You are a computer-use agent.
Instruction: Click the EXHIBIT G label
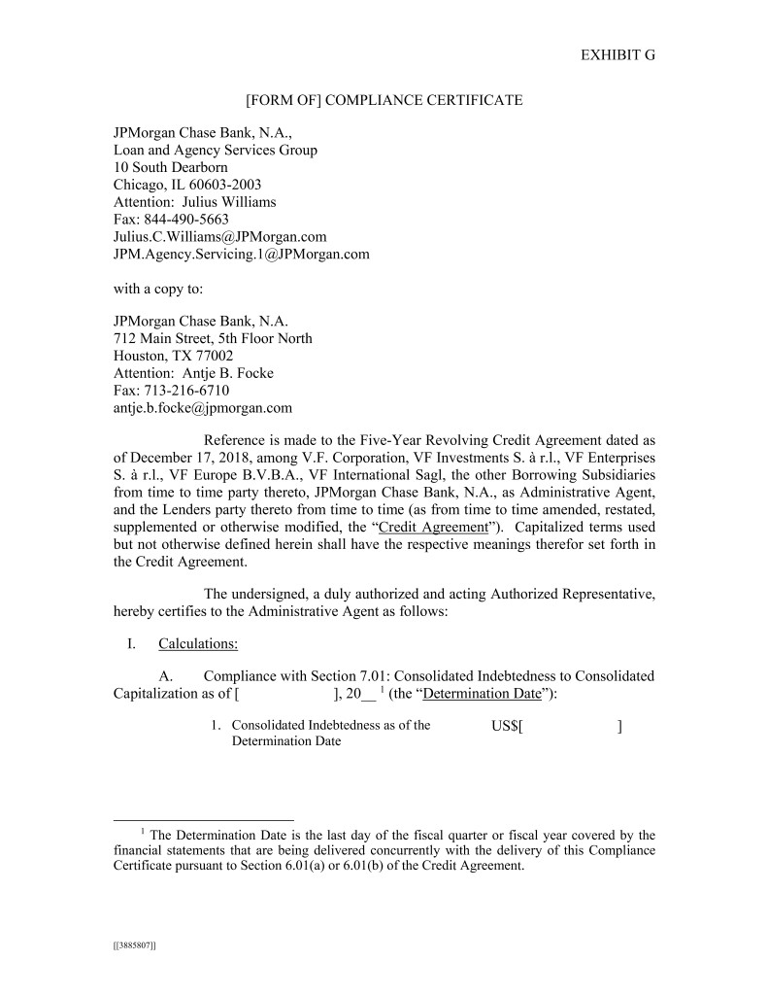click(618, 54)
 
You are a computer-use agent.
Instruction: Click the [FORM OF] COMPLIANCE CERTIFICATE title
click(384, 100)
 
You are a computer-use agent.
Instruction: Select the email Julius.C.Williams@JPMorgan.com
click(219, 237)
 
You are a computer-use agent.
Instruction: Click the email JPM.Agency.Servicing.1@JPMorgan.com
click(242, 255)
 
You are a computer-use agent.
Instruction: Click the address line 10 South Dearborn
click(171, 167)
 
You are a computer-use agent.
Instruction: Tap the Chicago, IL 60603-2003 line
click(187, 185)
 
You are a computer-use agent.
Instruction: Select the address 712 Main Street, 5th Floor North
click(213, 338)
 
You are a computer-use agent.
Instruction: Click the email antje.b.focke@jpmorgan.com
click(203, 408)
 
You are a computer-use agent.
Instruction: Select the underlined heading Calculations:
click(198, 642)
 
